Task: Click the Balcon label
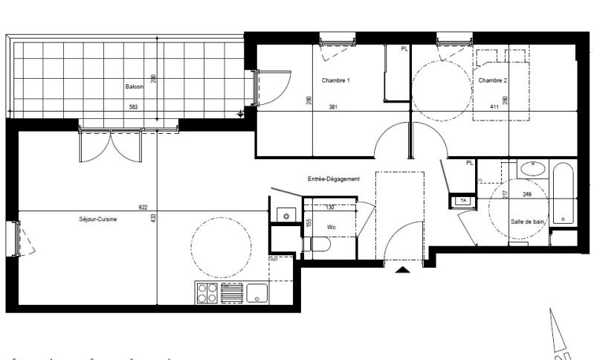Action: pyautogui.click(x=134, y=86)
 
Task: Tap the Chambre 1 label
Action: pyautogui.click(x=335, y=80)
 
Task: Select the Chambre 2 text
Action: pyautogui.click(x=492, y=80)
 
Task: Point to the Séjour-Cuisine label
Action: pyautogui.click(x=98, y=219)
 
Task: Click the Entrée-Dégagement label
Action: pyautogui.click(x=334, y=179)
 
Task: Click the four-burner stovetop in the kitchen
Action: pyautogui.click(x=207, y=293)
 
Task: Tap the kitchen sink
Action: pyautogui.click(x=257, y=293)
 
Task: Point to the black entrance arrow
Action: pyautogui.click(x=402, y=270)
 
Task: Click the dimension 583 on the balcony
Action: pyautogui.click(x=134, y=107)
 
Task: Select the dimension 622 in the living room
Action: pyautogui.click(x=143, y=208)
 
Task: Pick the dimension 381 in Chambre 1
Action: pyautogui.click(x=334, y=107)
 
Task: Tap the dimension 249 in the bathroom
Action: pyautogui.click(x=527, y=195)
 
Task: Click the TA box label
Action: pyautogui.click(x=463, y=201)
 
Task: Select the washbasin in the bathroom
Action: pyautogui.click(x=531, y=168)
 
